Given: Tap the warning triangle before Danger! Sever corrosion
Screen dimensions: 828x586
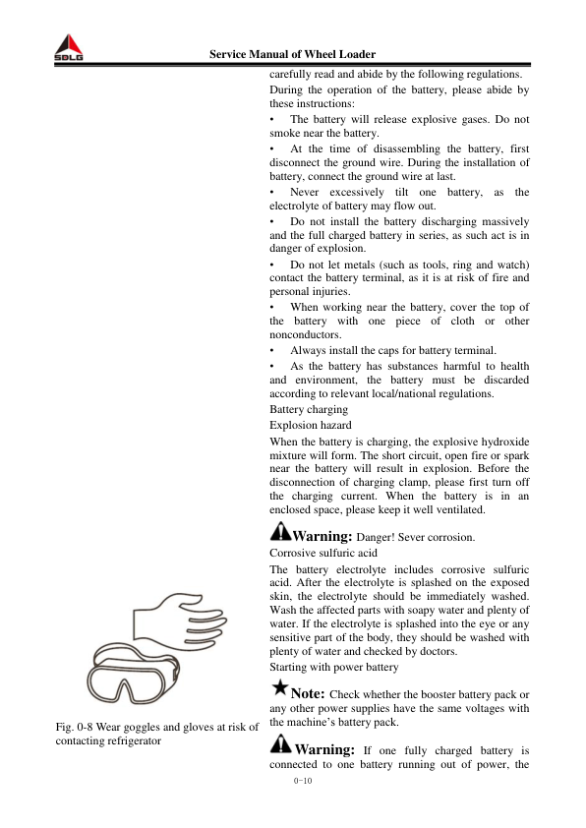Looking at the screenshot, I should tap(279, 533).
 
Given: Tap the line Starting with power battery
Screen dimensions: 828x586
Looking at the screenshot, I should tap(333, 667).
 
